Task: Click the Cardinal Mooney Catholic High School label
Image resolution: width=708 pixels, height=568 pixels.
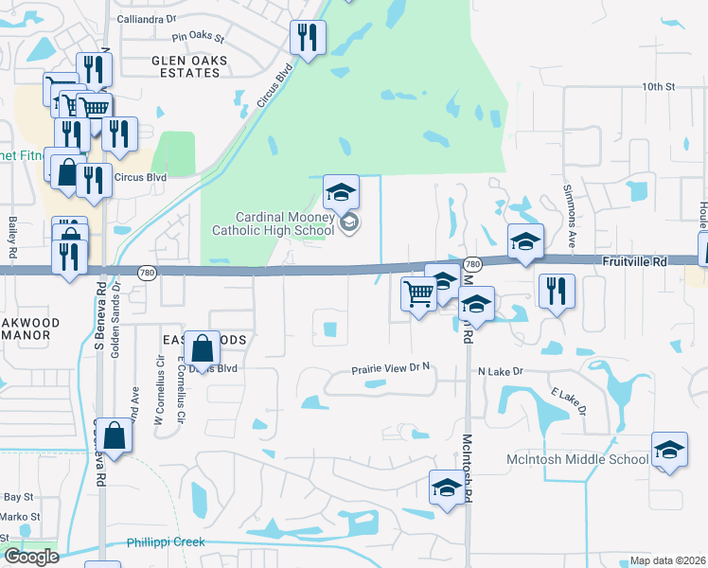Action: pyautogui.click(x=273, y=223)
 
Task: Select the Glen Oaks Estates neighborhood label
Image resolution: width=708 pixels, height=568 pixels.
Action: pyautogui.click(x=186, y=65)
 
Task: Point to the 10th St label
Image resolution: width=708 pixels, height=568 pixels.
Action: pyautogui.click(x=657, y=86)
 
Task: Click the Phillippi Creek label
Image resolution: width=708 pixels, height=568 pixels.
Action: pyautogui.click(x=166, y=542)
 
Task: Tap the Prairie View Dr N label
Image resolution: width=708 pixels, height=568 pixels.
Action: pyautogui.click(x=391, y=372)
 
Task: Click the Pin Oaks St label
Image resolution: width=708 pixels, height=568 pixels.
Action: pyautogui.click(x=197, y=39)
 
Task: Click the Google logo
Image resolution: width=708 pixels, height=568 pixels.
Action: pyautogui.click(x=31, y=557)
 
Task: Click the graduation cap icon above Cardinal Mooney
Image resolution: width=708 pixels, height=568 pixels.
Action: pyautogui.click(x=341, y=192)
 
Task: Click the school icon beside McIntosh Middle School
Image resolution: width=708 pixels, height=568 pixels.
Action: pyautogui.click(x=669, y=451)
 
